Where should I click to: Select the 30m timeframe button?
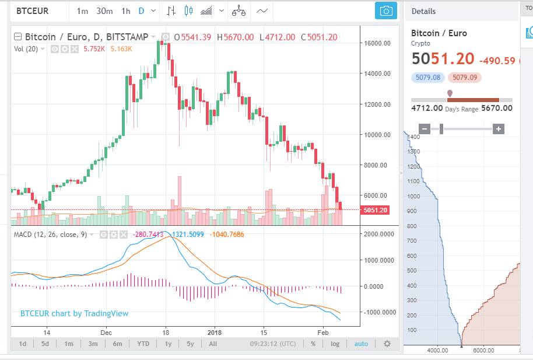pyautogui.click(x=104, y=11)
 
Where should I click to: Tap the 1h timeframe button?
pyautogui.click(x=125, y=11)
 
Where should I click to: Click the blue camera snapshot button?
pyautogui.click(x=385, y=11)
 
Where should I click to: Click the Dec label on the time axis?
pyautogui.click(x=106, y=332)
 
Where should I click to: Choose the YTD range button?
pyautogui.click(x=143, y=344)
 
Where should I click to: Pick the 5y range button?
pyautogui.click(x=190, y=344)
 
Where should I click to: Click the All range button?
pyautogui.click(x=213, y=344)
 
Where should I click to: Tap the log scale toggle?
pyautogui.click(x=335, y=344)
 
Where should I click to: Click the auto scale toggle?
pyautogui.click(x=361, y=344)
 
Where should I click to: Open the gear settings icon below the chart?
pyautogui.click(x=387, y=344)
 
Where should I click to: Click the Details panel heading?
pyautogui.click(x=423, y=11)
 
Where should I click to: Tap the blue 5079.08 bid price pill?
pyautogui.click(x=428, y=77)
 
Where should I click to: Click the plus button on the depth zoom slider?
pyautogui.click(x=498, y=129)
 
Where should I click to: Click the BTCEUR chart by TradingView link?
pyautogui.click(x=74, y=313)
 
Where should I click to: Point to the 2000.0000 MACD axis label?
pyautogui.click(x=378, y=234)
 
